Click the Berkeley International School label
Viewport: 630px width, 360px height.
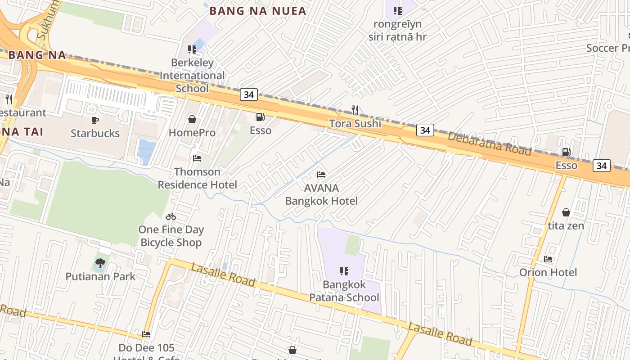[192, 75]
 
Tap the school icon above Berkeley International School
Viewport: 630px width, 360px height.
[192, 49]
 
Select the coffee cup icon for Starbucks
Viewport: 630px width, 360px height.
[95, 120]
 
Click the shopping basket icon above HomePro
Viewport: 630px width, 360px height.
[192, 119]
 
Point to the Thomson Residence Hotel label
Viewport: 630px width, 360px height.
[197, 178]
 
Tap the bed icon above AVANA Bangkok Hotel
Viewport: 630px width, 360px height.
[321, 175]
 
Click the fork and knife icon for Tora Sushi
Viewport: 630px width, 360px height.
[355, 110]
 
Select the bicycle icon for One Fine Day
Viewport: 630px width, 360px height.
[171, 216]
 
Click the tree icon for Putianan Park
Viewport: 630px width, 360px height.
[100, 263]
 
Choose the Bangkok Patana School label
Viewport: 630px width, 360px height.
[344, 291]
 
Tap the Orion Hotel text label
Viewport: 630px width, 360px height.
[548, 272]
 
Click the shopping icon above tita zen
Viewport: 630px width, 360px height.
[566, 212]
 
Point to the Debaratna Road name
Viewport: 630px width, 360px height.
[490, 144]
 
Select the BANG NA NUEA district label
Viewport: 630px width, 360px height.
[264, 11]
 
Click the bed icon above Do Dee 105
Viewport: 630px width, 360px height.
[146, 334]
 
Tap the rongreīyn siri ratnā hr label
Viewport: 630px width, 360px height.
[397, 30]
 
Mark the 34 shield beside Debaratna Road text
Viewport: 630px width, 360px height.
[425, 130]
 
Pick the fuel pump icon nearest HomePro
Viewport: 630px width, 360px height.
[260, 117]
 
